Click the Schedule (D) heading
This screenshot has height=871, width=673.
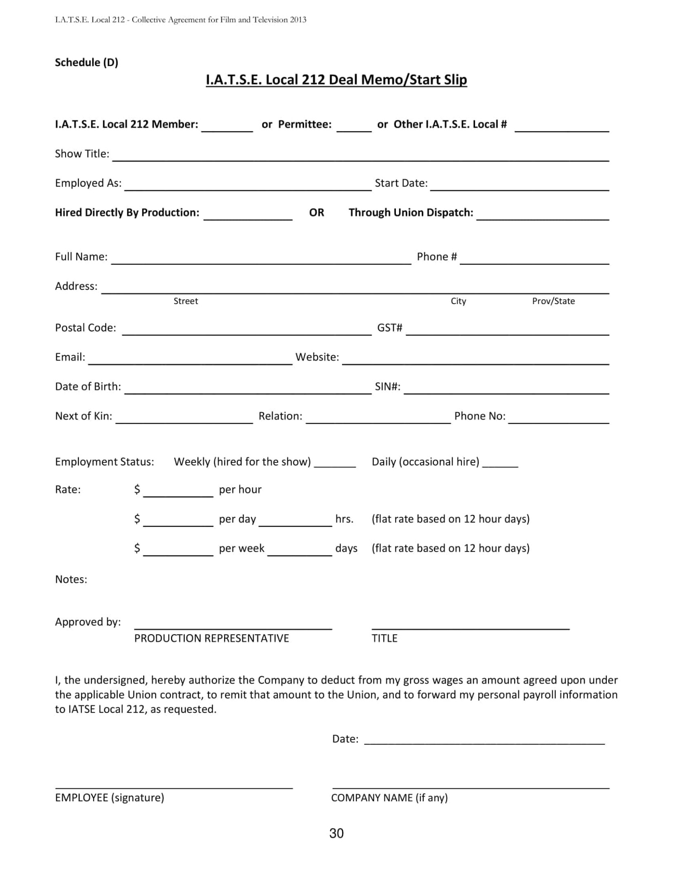pyautogui.click(x=87, y=62)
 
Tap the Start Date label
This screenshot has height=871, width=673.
pyautogui.click(x=401, y=183)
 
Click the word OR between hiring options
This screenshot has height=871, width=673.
pyautogui.click(x=316, y=213)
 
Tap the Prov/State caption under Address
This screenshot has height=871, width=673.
pyautogui.click(x=553, y=301)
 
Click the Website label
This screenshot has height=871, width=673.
pyautogui.click(x=317, y=357)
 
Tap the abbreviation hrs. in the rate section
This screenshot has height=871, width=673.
pyautogui.click(x=344, y=519)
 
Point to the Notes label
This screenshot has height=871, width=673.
pyautogui.click(x=71, y=580)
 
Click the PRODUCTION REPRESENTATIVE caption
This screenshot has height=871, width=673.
pyautogui.click(x=211, y=638)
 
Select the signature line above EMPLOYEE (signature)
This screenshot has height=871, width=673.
pyautogui.click(x=174, y=787)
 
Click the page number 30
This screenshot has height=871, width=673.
pyautogui.click(x=336, y=833)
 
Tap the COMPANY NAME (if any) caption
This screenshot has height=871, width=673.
pyautogui.click(x=389, y=798)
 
